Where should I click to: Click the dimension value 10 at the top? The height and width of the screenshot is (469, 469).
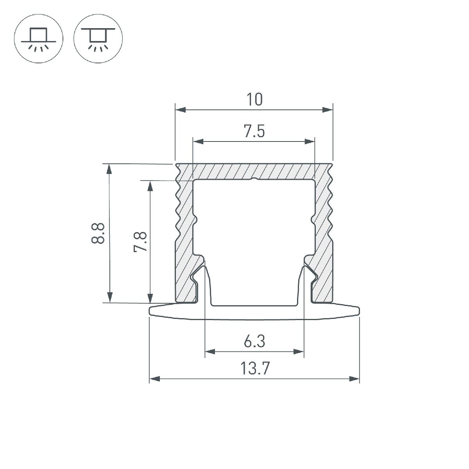(254, 100)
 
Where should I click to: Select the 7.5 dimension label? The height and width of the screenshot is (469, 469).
(254, 132)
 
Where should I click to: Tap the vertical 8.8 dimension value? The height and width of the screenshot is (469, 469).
(98, 233)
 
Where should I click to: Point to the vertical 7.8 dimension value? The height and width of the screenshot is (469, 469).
(140, 241)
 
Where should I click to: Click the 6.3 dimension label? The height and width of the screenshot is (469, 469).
(254, 342)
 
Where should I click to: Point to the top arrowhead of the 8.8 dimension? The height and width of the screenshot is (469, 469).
(110, 169)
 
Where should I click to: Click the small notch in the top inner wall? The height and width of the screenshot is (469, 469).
(254, 180)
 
